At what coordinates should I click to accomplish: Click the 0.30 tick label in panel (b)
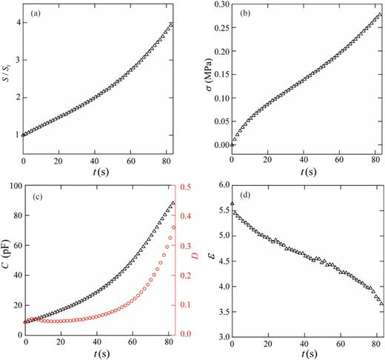click(x=221, y=4)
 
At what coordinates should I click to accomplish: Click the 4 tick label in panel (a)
click(x=16, y=25)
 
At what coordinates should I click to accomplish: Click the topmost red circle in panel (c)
click(x=174, y=227)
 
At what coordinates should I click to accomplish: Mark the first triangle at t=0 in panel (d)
click(x=232, y=204)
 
